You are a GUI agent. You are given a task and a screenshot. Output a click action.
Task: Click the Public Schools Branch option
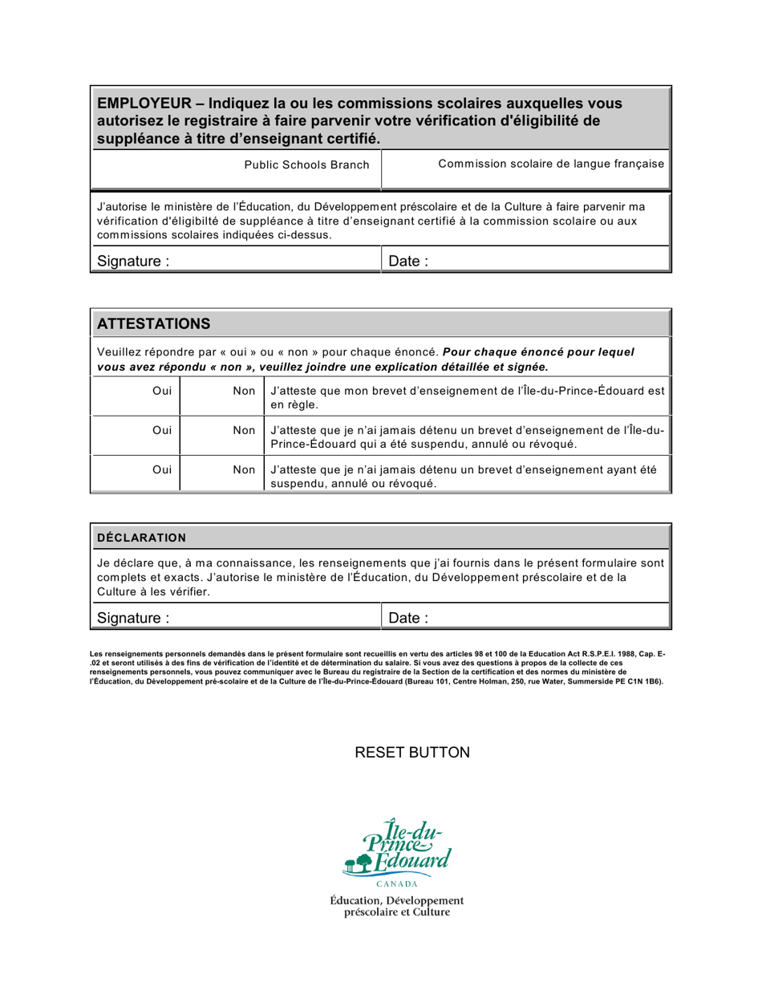(x=306, y=164)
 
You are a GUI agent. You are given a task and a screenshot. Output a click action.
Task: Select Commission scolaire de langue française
(x=551, y=164)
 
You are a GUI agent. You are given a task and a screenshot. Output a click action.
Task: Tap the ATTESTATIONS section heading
(x=153, y=323)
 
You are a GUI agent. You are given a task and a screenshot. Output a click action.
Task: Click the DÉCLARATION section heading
(x=141, y=537)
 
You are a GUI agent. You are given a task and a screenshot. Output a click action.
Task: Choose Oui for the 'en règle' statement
(x=161, y=390)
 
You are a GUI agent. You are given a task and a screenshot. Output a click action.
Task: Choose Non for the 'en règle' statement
(x=243, y=390)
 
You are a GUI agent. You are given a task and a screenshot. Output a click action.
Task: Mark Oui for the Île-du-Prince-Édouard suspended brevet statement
(x=161, y=430)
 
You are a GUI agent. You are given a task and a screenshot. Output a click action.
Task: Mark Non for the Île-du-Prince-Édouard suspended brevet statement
(x=243, y=430)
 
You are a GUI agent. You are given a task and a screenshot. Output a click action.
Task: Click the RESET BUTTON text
(x=411, y=753)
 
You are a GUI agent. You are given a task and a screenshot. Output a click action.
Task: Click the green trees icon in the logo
(x=359, y=863)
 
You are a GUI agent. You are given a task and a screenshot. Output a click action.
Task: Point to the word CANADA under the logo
(x=396, y=884)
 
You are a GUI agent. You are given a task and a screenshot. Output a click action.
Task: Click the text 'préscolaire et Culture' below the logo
(x=396, y=912)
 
